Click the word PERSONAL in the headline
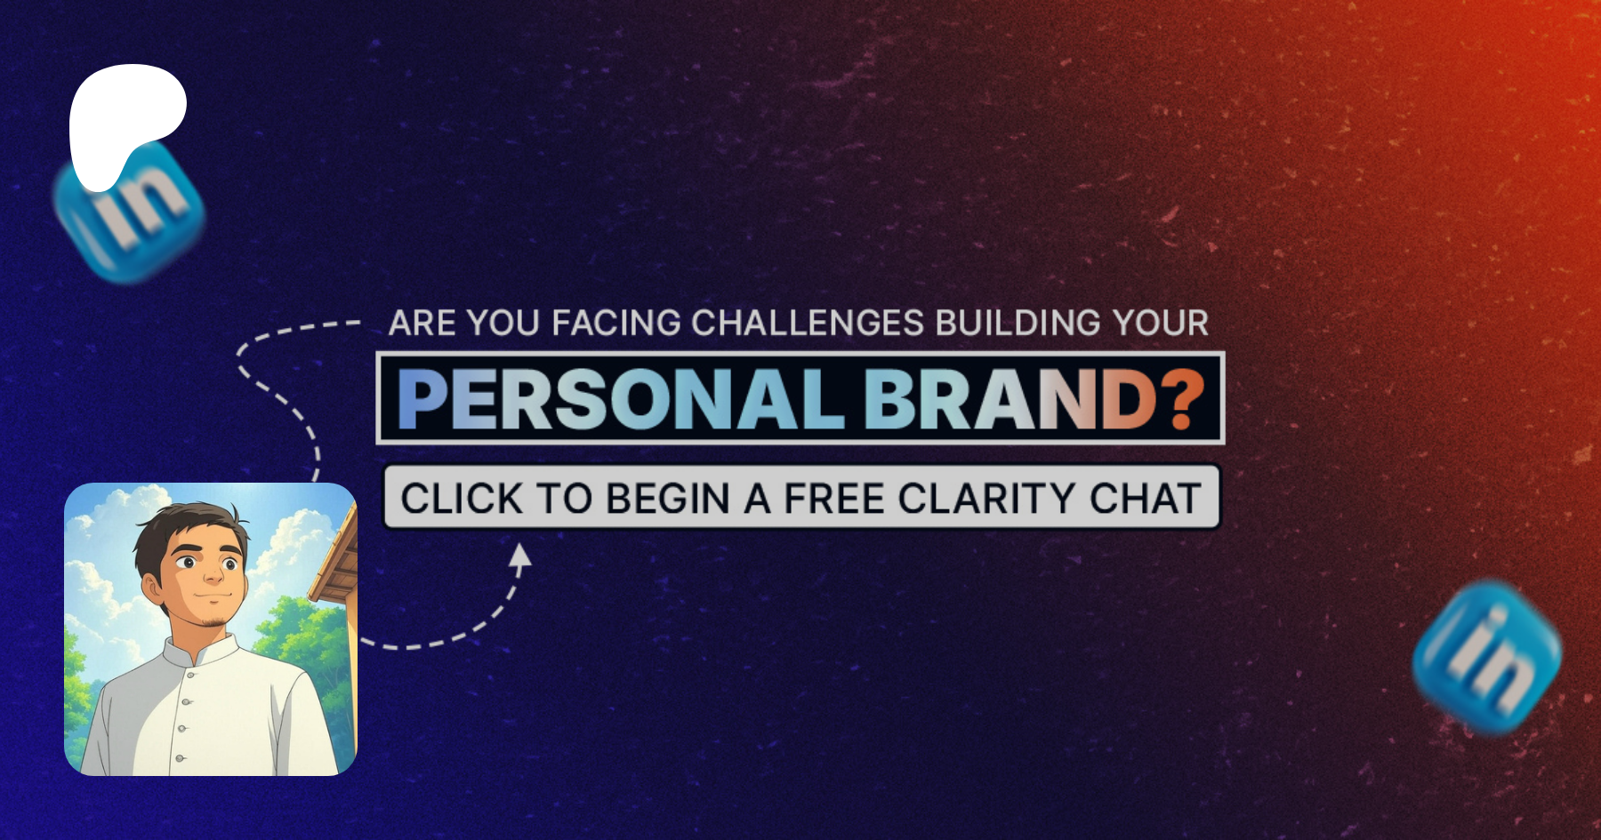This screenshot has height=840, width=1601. pos(621,399)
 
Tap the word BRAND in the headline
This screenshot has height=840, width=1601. pos(1010,399)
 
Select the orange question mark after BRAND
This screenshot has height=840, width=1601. pos(1182,399)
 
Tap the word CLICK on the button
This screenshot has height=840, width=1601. pos(462,498)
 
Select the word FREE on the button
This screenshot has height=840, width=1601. pos(835,498)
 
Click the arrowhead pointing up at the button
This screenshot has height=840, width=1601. pos(519,556)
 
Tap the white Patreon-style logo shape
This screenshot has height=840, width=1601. pos(125,120)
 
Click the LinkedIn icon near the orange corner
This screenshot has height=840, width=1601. pos(1487,658)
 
